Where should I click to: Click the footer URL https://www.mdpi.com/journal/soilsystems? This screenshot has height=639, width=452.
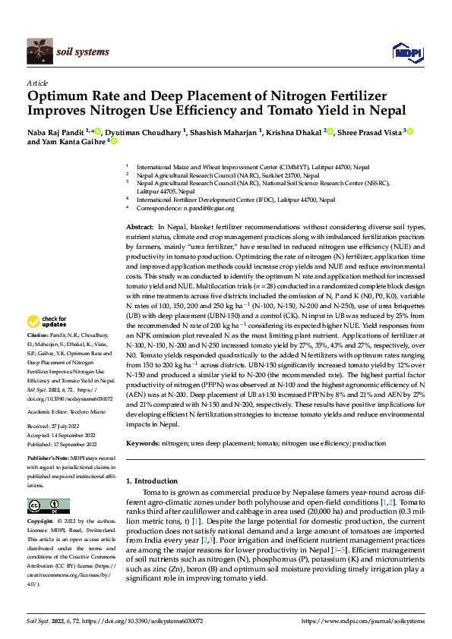tap(363, 621)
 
